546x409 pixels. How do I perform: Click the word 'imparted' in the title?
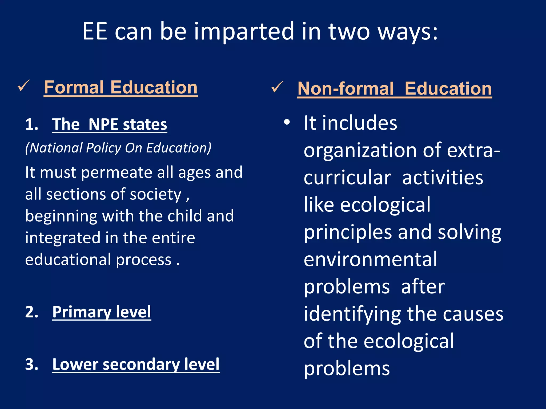tap(244, 32)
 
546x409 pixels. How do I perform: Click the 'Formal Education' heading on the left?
tap(121, 88)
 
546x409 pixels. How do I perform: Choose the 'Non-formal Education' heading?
tap(395, 89)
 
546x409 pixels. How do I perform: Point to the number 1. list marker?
tap(32, 124)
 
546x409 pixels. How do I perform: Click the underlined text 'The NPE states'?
tap(110, 124)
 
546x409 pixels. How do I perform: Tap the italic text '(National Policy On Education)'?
tap(118, 148)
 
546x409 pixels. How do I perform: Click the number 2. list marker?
tap(32, 312)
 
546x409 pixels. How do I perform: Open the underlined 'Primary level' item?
tap(102, 312)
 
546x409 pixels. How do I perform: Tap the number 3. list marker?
tap(32, 364)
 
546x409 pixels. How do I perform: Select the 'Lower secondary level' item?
tap(136, 364)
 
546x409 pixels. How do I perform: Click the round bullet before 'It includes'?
tap(287, 122)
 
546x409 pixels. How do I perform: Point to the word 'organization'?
tap(360, 150)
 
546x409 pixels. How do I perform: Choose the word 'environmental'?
tap(370, 259)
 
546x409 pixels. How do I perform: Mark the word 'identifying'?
tap(352, 314)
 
